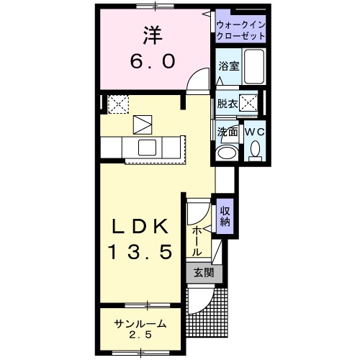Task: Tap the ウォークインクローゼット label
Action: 240,30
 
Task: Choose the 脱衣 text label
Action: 228,104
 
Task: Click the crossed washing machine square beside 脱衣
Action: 251,104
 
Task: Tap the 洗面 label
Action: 228,132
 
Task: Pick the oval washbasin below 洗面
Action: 227,153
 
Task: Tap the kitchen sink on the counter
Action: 148,148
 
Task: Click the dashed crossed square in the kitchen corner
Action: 117,105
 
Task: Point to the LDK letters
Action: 141,228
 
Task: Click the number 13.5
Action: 141,252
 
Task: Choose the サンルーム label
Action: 140,324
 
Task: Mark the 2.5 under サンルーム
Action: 140,336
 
